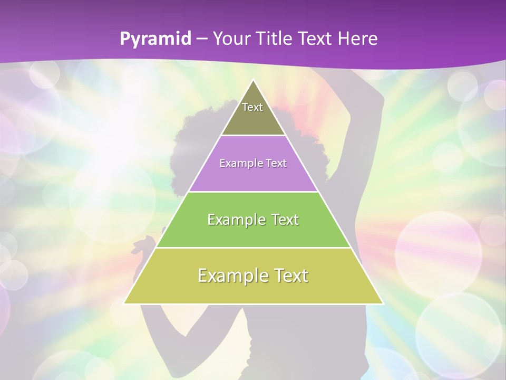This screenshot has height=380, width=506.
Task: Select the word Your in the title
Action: pyautogui.click(x=233, y=39)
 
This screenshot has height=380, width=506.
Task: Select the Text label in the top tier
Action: pyautogui.click(x=252, y=107)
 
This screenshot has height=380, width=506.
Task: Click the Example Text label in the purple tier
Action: pyautogui.click(x=253, y=163)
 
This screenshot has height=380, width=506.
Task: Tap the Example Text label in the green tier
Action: pyautogui.click(x=253, y=220)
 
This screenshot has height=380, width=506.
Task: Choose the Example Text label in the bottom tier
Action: pyautogui.click(x=253, y=275)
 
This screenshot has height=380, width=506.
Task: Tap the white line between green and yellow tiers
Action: pyautogui.click(x=253, y=248)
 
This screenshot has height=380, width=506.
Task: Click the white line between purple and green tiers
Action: pyautogui.click(x=253, y=192)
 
